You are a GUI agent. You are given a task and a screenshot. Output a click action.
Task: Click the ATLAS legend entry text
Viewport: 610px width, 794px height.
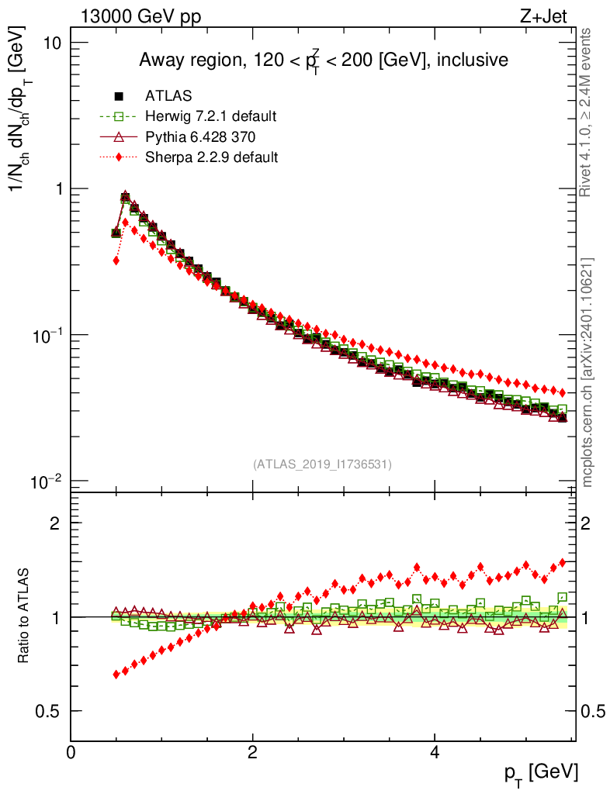(169, 97)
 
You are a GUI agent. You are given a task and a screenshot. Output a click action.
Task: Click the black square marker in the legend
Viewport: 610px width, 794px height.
(119, 97)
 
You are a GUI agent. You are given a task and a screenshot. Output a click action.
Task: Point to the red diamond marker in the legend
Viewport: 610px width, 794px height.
(119, 157)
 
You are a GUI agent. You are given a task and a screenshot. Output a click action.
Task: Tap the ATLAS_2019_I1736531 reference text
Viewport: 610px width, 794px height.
(322, 464)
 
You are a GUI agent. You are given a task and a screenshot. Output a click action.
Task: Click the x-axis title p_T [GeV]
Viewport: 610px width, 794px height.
(542, 772)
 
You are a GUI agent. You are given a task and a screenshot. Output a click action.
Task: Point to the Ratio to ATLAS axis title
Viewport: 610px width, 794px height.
(25, 617)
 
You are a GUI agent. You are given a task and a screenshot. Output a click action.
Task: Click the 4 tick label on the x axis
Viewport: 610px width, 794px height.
(435, 751)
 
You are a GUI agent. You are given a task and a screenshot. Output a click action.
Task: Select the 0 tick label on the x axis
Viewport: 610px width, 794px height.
(71, 751)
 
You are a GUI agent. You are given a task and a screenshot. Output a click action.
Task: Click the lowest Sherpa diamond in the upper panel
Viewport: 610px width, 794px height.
(116, 261)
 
